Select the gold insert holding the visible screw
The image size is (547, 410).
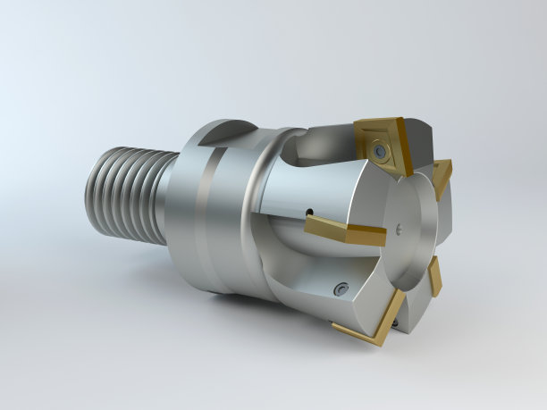click(379, 143)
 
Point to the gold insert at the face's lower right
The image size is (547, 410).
click(434, 278)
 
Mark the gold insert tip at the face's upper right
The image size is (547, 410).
click(443, 172)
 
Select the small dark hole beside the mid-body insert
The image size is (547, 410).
click(309, 213)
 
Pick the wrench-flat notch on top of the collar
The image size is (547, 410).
click(220, 134)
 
